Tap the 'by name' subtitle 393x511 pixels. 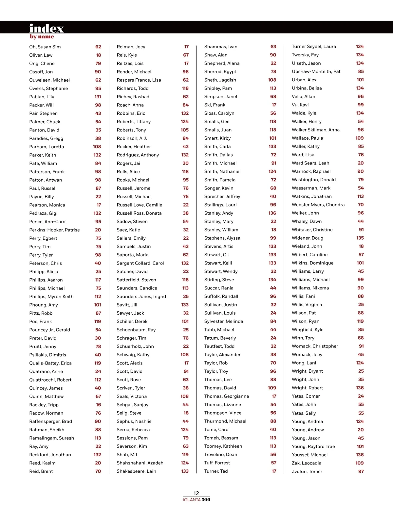coord(42,37)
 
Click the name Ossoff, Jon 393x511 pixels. coord(41,72)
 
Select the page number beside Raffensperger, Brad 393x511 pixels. coord(98,422)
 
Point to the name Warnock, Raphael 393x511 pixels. coord(311,171)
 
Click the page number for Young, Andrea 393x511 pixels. coord(360,422)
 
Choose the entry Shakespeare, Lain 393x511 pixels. coord(136,471)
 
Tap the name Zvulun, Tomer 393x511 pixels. coord(307,471)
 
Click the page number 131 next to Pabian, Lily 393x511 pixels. coord(98,97)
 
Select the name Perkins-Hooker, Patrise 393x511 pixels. coord(54,230)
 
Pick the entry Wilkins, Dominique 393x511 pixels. coord(312,263)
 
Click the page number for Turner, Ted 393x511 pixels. coord(274,471)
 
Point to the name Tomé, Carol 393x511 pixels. coord(217,430)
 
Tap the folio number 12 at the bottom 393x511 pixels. coord(196,493)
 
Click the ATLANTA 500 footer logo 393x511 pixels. coord(196,500)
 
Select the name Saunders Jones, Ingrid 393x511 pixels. coord(141,296)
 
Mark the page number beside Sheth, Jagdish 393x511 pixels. coord(272,80)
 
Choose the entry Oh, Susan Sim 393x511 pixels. coord(45,47)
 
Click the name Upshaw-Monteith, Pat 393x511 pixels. coord(316,71)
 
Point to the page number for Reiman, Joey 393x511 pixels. coord(186,47)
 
